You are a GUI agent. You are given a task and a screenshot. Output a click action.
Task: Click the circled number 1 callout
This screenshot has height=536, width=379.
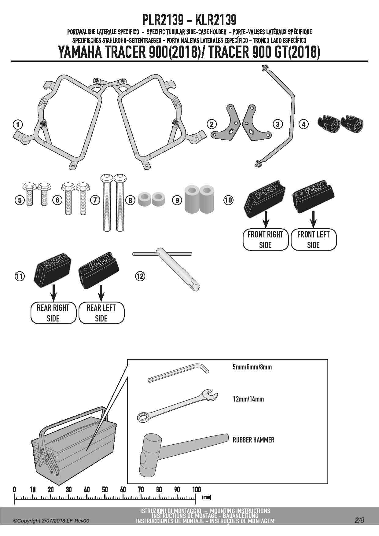18,125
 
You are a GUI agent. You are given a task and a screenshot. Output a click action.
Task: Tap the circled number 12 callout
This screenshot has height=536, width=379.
140,276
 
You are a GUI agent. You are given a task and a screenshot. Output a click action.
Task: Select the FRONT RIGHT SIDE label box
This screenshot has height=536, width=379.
265,240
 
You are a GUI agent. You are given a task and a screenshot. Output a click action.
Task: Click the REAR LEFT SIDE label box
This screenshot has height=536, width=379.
101,313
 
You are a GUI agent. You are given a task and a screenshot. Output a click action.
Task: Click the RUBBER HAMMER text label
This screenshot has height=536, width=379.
253,440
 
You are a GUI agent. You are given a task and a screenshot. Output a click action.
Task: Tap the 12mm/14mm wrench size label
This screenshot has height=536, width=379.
248,399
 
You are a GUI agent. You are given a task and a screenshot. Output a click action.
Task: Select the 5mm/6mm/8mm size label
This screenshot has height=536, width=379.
252,367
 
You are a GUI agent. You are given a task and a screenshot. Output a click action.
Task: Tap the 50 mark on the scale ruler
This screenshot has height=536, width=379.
105,490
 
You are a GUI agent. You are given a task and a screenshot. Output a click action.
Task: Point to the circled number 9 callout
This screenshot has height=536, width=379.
177,200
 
